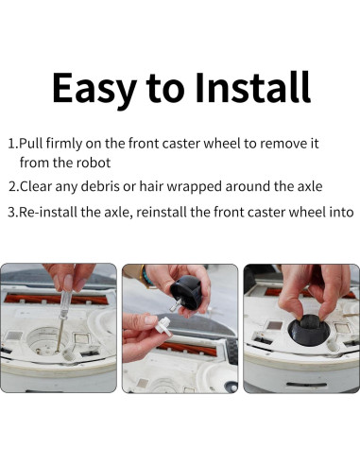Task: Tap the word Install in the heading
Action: pos(253,87)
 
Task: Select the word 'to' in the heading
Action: pos(165,89)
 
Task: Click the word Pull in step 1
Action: pos(31,144)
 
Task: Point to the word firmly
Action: pos(64,145)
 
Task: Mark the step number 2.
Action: pos(13,186)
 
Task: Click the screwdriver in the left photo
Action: pos(63,319)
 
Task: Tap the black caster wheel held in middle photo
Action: pos(186,292)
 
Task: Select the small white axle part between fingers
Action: pos(163,326)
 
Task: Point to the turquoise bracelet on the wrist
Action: pos(146,276)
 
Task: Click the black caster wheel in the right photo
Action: pos(309,331)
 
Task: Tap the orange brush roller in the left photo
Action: pos(56,299)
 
